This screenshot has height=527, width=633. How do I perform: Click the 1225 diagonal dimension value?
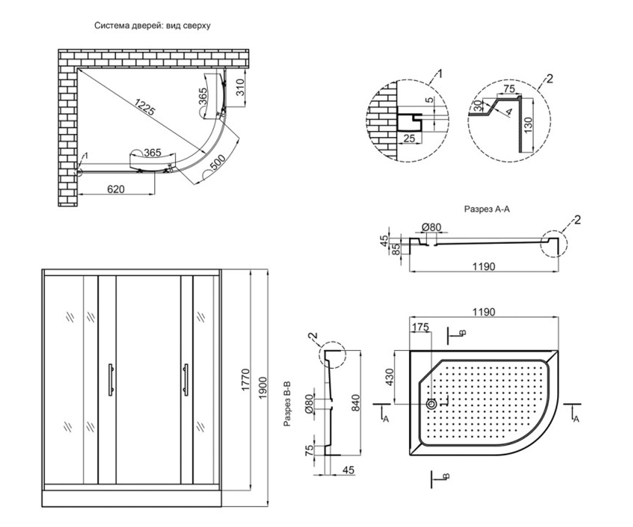tap(145, 107)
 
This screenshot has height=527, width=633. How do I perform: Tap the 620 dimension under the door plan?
tap(116, 189)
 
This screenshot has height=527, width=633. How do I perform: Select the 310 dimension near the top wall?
tap(240, 87)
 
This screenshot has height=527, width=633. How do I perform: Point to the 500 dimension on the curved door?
tap(218, 162)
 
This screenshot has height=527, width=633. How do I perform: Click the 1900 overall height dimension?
tap(263, 388)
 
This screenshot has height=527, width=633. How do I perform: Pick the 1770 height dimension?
tap(245, 380)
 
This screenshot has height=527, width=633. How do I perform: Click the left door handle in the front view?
tap(111, 379)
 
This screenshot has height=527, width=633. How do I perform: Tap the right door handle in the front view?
tap(186, 379)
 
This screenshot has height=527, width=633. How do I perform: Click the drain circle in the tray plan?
tap(431, 404)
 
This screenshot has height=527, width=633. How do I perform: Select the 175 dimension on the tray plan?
tap(420, 327)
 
